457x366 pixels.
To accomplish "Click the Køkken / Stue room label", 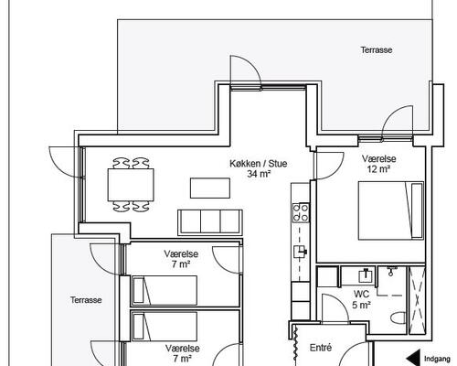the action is (259, 164).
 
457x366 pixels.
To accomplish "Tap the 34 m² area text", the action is (259, 174).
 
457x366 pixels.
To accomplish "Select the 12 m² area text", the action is (378, 168).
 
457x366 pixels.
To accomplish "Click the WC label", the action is (361, 295).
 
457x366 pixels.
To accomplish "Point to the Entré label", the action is (321, 348).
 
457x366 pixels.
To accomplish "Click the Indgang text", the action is (437, 359).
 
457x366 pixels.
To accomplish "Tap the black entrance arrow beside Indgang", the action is (413, 358).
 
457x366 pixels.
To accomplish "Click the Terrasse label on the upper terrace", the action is (377, 49).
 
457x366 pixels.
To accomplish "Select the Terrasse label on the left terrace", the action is (86, 300).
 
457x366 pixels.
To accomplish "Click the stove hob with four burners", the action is (301, 212).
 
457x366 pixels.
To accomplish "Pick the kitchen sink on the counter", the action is (300, 252).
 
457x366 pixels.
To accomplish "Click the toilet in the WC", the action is (399, 318).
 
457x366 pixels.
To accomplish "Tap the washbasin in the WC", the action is (366, 275).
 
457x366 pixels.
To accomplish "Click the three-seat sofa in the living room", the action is (210, 222).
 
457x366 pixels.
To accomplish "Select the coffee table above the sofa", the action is (210, 188).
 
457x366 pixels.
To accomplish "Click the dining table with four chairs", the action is (131, 185).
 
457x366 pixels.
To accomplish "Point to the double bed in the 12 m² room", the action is (391, 210).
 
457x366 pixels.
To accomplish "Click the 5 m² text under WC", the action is (361, 305).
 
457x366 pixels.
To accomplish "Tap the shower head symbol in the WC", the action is (391, 271).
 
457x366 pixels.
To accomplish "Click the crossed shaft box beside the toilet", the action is (417, 300).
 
